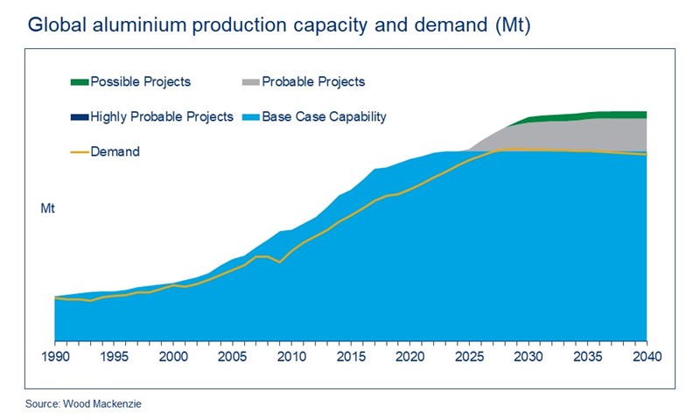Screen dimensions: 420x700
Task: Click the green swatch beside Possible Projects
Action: click(x=79, y=82)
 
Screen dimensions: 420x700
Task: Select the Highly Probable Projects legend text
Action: click(x=163, y=116)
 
